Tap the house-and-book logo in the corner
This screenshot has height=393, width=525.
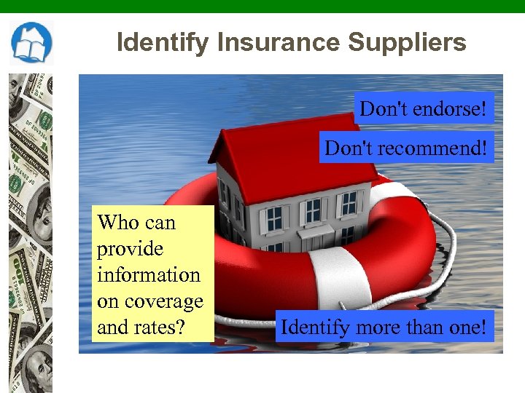tap(31, 43)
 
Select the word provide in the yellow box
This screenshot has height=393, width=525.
tap(130, 249)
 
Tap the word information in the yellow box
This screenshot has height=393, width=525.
tap(148, 275)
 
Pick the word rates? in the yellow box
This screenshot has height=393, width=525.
tap(158, 327)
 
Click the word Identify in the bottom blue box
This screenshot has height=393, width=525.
tap(315, 327)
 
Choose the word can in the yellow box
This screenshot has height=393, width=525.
tap(160, 223)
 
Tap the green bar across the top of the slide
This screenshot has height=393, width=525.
tap(262, 6)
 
